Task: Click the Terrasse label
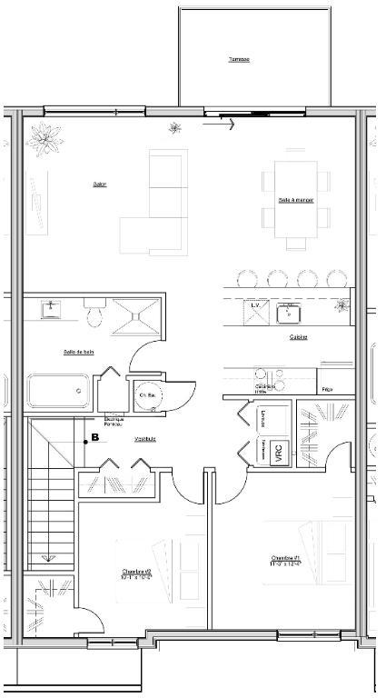(239, 60)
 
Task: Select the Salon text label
(100, 184)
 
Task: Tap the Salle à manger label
(296, 200)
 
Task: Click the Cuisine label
(299, 336)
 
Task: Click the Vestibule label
(145, 439)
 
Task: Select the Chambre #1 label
(286, 560)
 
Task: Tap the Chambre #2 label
(136, 573)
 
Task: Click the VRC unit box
(277, 452)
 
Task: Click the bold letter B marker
(95, 438)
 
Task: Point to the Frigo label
(326, 389)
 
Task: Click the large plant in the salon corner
(43, 138)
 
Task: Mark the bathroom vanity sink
(51, 309)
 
